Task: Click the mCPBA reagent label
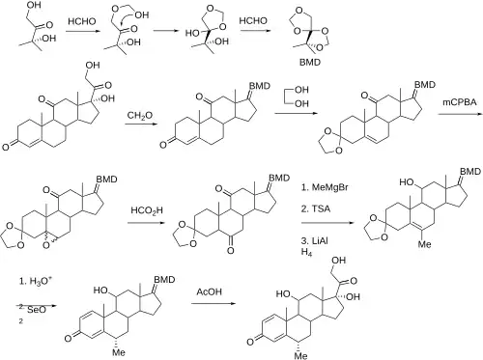460,102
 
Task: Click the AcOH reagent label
210,291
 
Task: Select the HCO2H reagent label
147,210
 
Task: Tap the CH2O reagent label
140,116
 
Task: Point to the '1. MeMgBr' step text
325,187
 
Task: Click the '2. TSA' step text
316,208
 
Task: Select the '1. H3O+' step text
36,281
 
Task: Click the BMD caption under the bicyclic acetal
310,62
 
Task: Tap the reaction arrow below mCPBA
460,114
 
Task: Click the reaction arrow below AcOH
213,303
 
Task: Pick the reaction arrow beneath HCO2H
147,223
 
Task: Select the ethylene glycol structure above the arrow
297,97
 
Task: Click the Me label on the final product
301,355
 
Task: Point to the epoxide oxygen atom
47,245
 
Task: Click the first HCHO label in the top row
82,21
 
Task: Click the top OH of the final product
338,260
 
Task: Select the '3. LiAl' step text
315,240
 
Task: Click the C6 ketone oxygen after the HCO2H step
230,250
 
